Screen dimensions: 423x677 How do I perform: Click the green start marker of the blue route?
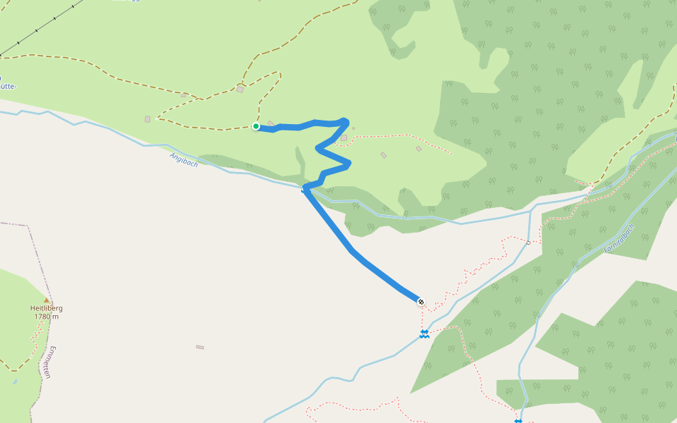[256, 126]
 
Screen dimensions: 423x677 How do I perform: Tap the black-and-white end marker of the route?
[421, 302]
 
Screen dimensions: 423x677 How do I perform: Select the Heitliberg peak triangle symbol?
[47, 300]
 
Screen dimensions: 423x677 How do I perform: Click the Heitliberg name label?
[47, 308]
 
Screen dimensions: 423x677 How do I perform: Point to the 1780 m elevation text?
[47, 317]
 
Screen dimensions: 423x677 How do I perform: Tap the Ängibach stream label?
[183, 160]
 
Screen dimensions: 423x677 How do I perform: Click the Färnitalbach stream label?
[620, 239]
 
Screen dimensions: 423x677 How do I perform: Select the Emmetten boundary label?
[48, 362]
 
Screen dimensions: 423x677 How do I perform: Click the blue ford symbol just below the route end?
[425, 333]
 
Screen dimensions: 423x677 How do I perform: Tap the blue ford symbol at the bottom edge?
[518, 421]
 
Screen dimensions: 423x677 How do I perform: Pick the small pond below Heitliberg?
[15, 382]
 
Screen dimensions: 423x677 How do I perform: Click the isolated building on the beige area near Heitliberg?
[200, 347]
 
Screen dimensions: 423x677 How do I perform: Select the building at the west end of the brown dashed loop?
[147, 119]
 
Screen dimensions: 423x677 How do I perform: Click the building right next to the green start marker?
[271, 124]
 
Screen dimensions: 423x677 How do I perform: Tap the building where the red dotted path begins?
[343, 137]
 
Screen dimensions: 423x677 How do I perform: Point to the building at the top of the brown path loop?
[240, 89]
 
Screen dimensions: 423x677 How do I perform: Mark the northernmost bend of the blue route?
[344, 120]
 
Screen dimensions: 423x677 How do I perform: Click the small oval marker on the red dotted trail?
[528, 243]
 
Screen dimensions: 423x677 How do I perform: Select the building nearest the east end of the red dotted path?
[418, 148]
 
